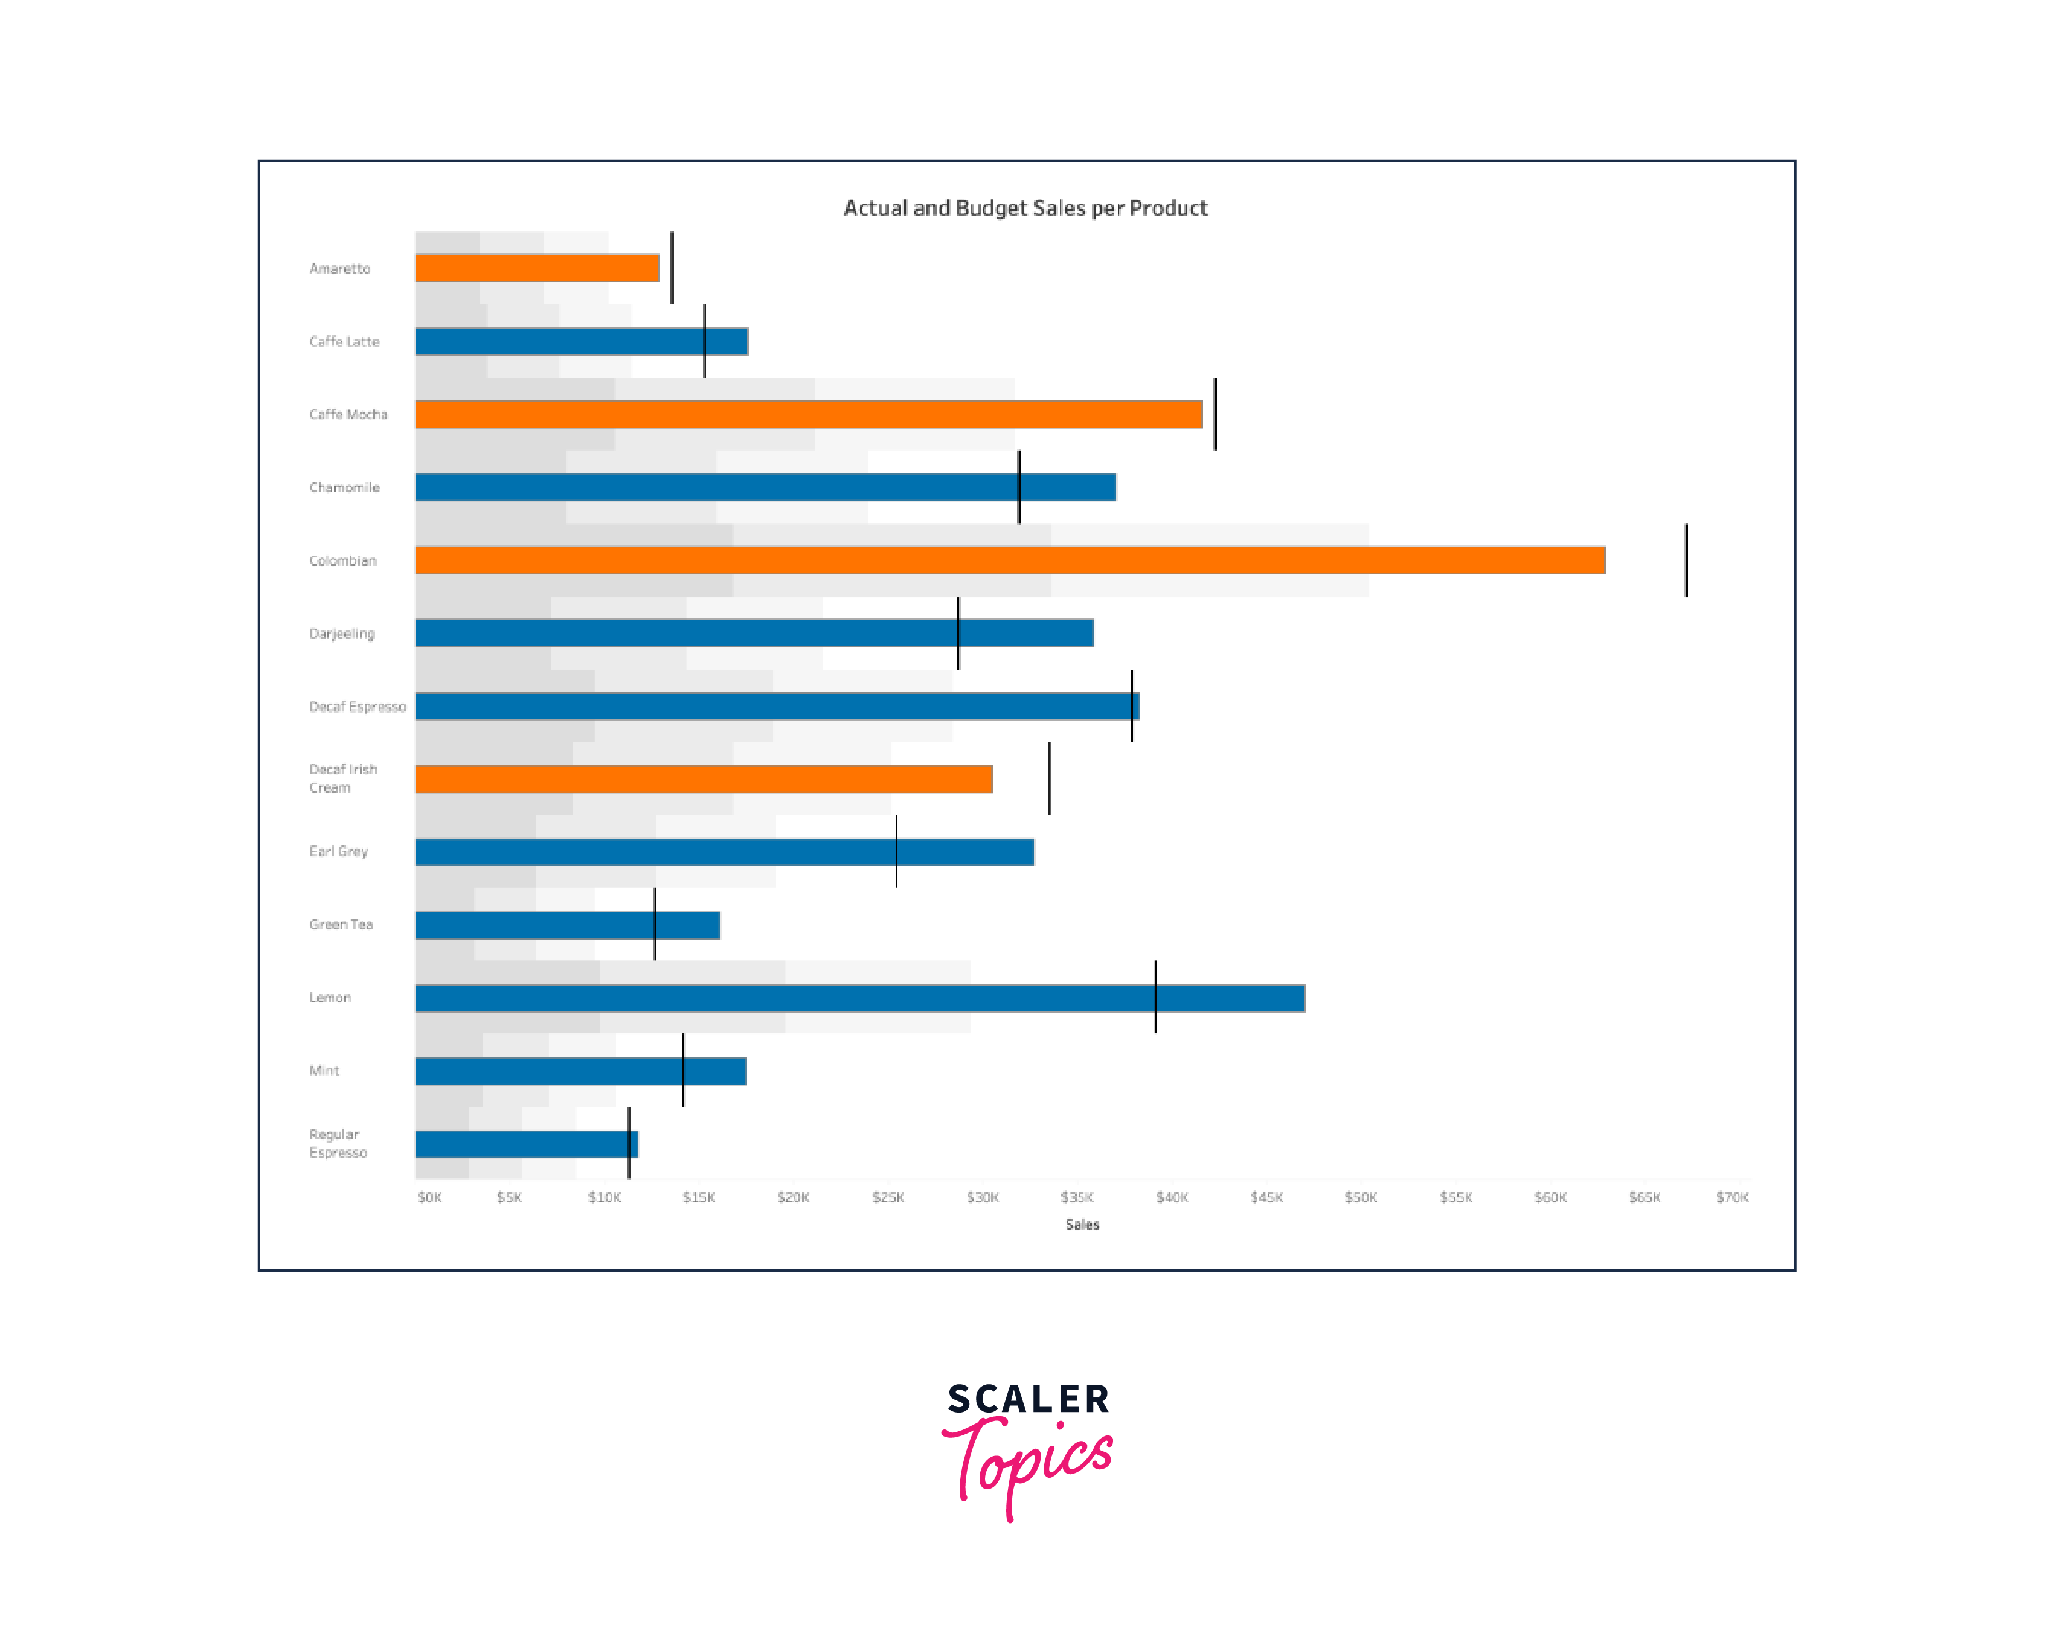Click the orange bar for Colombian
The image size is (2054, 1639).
coord(1010,560)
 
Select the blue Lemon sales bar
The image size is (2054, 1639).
coord(859,998)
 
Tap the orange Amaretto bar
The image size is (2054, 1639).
coord(538,268)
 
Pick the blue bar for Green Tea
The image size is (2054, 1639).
coord(567,925)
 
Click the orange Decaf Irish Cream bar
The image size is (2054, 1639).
coord(703,778)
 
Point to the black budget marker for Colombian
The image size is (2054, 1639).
coord(1686,560)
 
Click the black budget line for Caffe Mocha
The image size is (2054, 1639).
coord(1215,414)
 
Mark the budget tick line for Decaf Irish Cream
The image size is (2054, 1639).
coord(1049,778)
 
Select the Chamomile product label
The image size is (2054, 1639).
coord(344,487)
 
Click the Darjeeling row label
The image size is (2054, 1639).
coord(342,633)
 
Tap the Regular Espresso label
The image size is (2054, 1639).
coord(337,1143)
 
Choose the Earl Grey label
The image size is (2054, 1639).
coord(338,851)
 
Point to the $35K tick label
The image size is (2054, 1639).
coord(1077,1197)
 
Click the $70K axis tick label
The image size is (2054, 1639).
coord(1732,1197)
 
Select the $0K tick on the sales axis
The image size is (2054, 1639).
coord(429,1197)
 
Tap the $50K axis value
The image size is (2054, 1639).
coord(1361,1197)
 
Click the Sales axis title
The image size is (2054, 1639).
coord(1082,1225)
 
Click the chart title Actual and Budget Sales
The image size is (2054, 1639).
coord(1025,208)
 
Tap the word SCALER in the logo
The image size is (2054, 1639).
coord(1028,1399)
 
